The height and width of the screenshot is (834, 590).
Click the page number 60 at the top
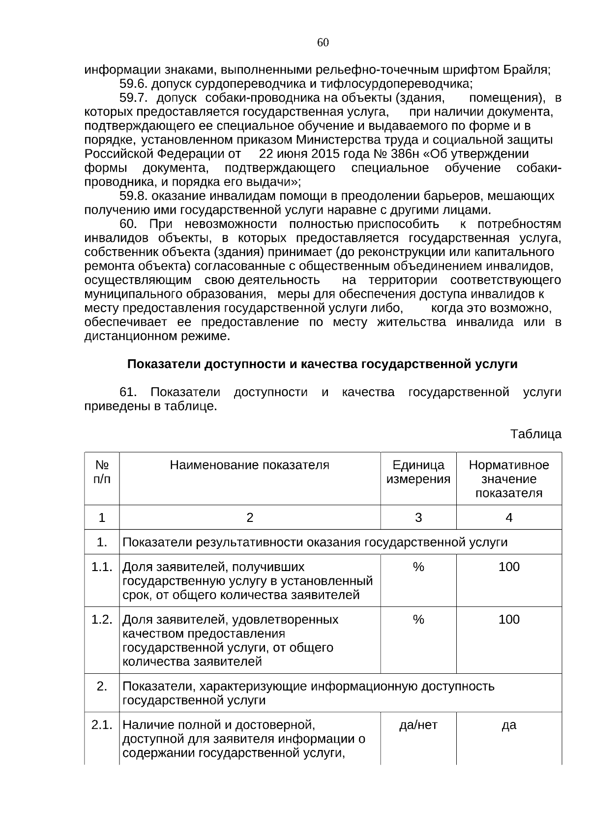tap(323, 43)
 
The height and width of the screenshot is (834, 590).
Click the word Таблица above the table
tap(535, 434)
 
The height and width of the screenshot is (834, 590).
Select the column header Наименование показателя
tap(249, 465)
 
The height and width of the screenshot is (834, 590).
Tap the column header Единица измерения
tap(418, 472)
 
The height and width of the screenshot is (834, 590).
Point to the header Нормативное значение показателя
tap(509, 479)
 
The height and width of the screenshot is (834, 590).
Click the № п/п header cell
tap(102, 472)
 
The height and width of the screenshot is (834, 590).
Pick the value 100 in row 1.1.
tap(509, 567)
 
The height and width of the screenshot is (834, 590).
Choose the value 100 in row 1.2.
tap(509, 619)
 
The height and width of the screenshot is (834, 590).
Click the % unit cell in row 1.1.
tap(418, 567)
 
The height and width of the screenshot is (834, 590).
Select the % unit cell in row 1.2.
tap(418, 619)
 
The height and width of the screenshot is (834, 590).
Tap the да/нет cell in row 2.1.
tap(418, 725)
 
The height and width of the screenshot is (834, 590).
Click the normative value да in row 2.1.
tap(509, 725)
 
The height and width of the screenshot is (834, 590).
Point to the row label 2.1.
tap(102, 725)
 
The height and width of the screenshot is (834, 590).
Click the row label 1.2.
tap(102, 619)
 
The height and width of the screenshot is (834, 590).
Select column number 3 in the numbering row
tap(418, 518)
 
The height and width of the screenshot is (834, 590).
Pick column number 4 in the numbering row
tap(509, 518)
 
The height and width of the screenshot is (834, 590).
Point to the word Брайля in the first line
tap(527, 70)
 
